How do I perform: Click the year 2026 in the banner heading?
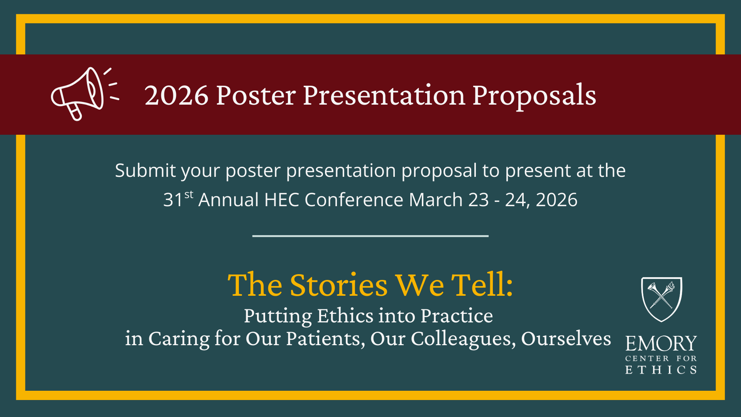point(176,95)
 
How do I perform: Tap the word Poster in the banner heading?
point(255,95)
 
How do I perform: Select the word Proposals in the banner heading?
point(534,95)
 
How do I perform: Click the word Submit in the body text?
point(145,171)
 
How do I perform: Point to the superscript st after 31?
point(189,195)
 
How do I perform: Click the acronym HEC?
point(282,200)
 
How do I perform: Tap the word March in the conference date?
point(436,200)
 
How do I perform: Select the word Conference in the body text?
point(354,200)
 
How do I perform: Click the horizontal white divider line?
point(370,236)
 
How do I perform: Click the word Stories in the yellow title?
point(338,285)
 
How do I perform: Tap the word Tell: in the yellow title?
point(482,285)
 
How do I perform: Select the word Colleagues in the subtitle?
point(463,339)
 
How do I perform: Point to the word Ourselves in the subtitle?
point(566,339)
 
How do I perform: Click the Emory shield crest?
point(661,299)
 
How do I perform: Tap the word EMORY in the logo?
point(661,344)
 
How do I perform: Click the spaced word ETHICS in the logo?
point(661,370)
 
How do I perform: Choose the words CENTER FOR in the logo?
point(661,359)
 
